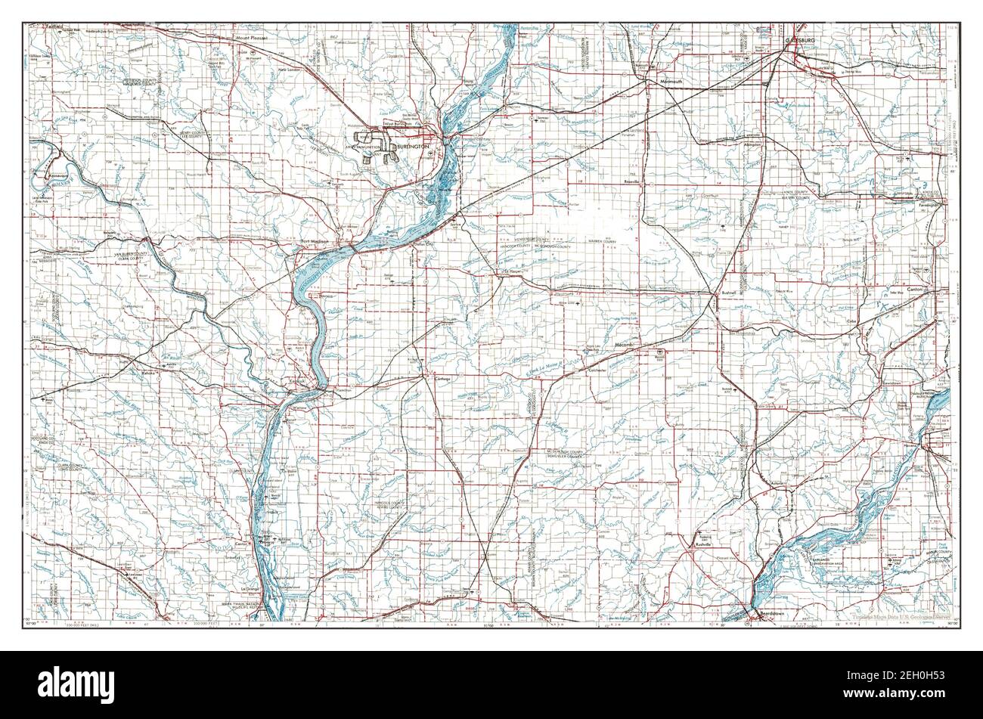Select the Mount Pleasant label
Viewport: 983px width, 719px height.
253,36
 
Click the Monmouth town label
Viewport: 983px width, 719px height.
671,81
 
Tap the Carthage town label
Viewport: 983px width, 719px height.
442,378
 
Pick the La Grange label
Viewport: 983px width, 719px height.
250,588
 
